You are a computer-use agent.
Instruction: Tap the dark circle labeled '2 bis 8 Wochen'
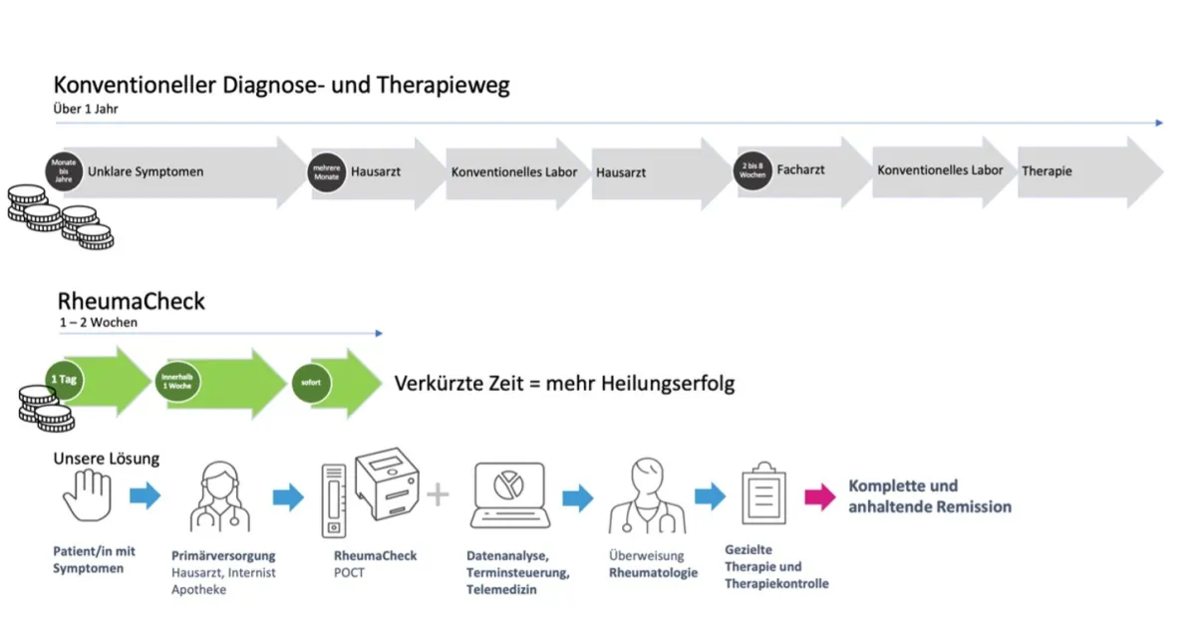753,169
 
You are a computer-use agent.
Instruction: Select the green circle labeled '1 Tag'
61,380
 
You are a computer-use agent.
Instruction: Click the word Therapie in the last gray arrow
1046,171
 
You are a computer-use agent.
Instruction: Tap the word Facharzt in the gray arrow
800,169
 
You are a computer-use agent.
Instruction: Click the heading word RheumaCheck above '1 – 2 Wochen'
132,301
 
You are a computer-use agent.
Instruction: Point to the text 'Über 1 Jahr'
86,109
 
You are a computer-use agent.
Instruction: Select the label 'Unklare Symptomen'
146,171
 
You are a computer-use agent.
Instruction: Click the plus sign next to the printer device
438,494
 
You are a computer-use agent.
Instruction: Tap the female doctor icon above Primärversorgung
219,495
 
